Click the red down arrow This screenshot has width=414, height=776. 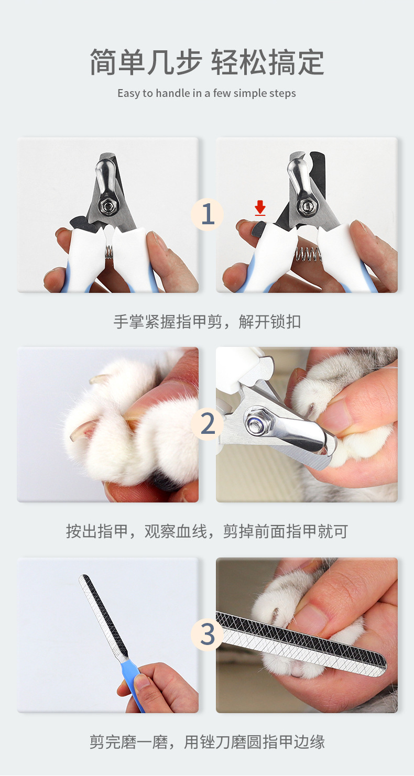click(260, 208)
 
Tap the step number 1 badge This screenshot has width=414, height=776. click(207, 214)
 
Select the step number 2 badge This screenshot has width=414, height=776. click(207, 424)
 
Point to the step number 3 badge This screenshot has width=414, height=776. click(207, 635)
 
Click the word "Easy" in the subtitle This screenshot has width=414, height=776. click(128, 93)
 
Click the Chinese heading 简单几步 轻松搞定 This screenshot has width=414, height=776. click(207, 62)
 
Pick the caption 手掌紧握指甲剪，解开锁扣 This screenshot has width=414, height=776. click(207, 322)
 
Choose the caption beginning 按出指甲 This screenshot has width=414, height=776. click(207, 531)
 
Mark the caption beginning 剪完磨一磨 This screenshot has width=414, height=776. click(207, 742)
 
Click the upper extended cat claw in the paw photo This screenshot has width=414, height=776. click(99, 379)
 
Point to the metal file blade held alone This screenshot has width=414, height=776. click(103, 617)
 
